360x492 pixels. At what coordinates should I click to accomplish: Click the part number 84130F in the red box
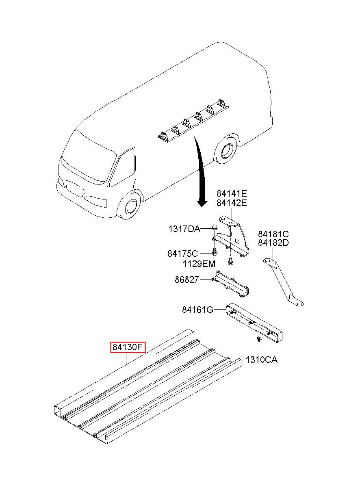point(128,347)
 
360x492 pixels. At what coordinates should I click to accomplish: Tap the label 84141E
point(232,194)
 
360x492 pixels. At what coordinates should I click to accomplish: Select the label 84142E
point(232,203)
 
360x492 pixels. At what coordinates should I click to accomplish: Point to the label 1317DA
point(184,229)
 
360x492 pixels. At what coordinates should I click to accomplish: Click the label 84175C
point(182,254)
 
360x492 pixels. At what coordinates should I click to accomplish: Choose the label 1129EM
point(199,264)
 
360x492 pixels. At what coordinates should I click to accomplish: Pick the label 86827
point(187,280)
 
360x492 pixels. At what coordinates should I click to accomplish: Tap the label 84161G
point(198,310)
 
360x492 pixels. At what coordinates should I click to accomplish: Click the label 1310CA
point(261,360)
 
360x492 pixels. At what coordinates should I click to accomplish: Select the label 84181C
point(273,234)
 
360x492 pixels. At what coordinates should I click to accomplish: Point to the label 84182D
point(273,243)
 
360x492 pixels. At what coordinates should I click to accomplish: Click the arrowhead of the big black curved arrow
point(202,203)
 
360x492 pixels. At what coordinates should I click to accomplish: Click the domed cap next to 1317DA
point(214,227)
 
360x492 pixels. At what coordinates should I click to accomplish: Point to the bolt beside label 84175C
point(214,253)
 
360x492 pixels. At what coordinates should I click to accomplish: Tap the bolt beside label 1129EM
point(230,262)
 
